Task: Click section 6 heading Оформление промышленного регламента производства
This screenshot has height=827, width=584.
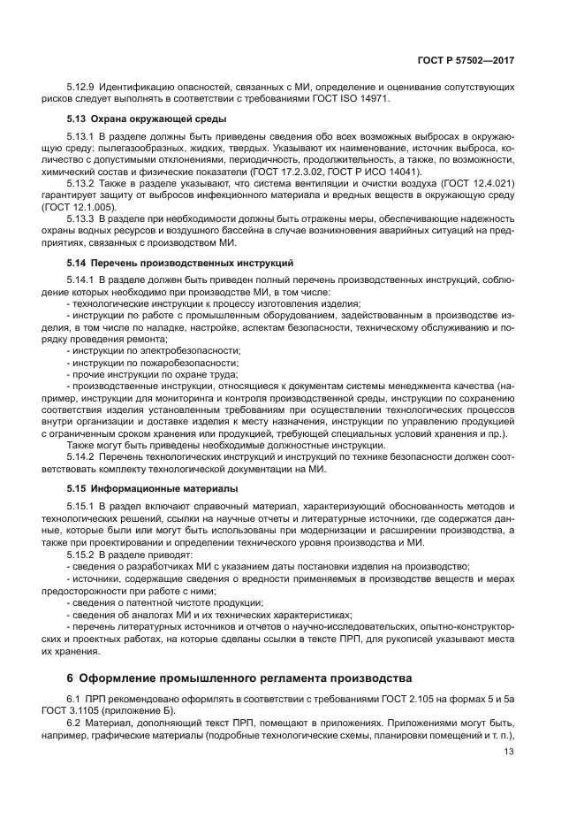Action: coord(233,679)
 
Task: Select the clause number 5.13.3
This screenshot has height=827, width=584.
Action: coord(81,218)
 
